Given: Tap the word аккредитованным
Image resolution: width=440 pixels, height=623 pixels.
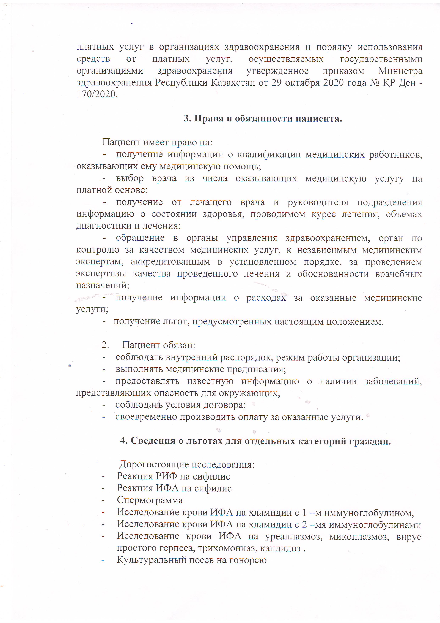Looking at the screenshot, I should point(170,262).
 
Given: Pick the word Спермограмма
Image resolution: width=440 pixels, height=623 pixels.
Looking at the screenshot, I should point(150,500).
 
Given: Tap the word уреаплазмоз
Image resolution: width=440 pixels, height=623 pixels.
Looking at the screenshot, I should point(294,537).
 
